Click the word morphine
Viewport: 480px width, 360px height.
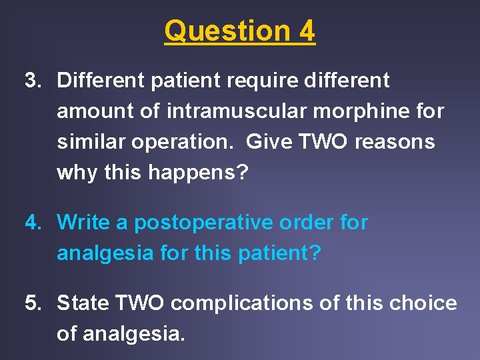click(357, 111)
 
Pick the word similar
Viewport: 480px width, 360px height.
click(91, 142)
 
